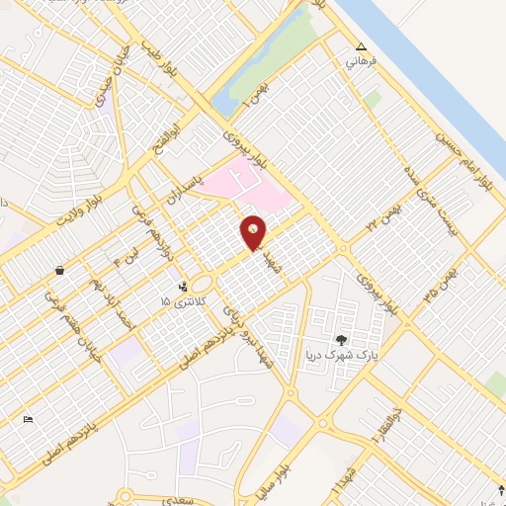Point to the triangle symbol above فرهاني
361,46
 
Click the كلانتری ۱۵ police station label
184,299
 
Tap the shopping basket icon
60,269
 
